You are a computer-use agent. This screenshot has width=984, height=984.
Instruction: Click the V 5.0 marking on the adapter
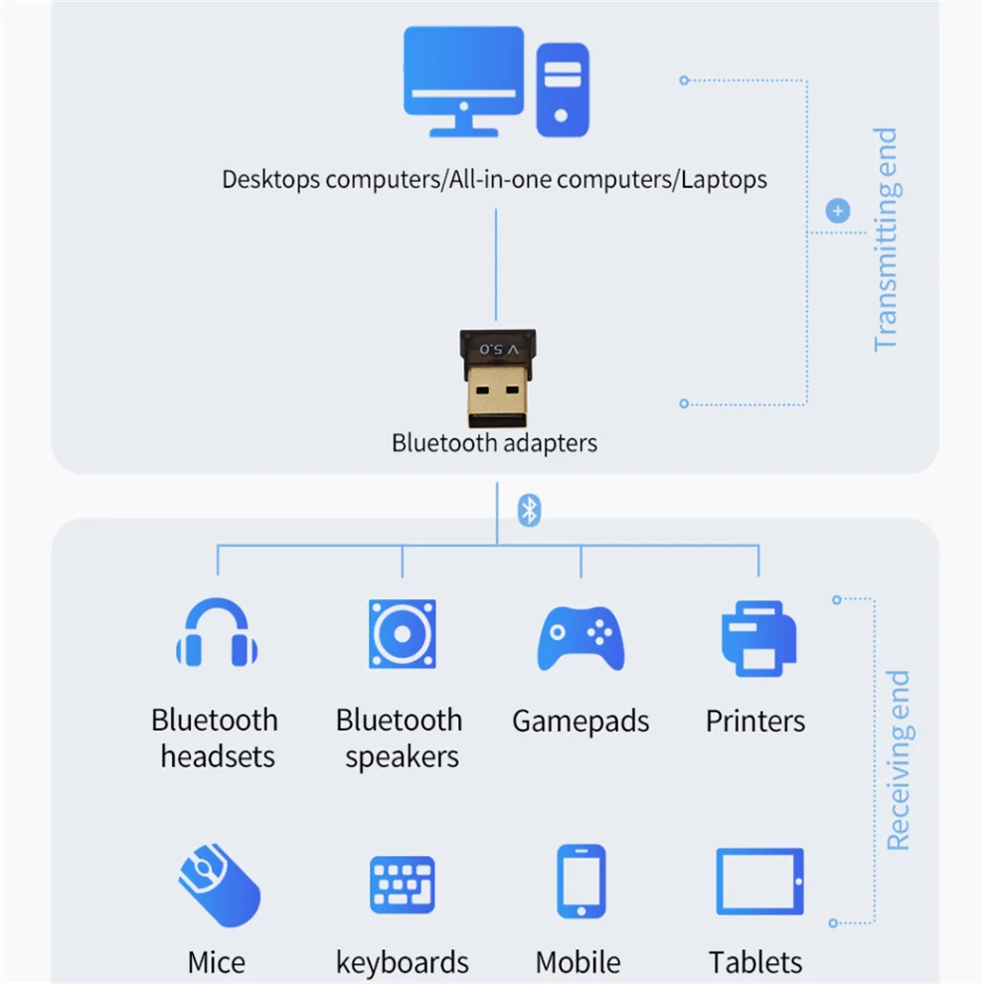pos(499,349)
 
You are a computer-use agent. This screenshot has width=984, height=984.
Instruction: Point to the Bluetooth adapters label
pos(495,442)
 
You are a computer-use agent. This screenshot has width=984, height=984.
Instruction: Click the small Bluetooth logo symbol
pos(530,511)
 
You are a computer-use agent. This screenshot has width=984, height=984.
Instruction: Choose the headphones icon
pos(217,633)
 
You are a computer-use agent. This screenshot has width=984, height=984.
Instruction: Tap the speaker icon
pos(402,633)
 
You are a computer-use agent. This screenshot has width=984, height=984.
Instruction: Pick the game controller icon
pos(581,635)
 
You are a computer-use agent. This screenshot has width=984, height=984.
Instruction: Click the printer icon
pos(758,637)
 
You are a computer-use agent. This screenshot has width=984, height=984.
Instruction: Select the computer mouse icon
pos(219,884)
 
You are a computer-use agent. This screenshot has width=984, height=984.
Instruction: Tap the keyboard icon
pos(403,885)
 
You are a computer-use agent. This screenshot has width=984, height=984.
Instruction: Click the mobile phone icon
pos(580,882)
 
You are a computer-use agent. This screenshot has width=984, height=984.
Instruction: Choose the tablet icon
pos(759,882)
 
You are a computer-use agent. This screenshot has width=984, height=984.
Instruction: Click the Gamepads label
pos(580,722)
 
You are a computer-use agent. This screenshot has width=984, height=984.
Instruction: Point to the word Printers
pos(755,722)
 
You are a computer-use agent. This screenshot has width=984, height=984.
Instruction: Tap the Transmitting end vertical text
pos(885,239)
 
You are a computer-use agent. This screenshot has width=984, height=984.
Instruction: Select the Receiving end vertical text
pos(898,760)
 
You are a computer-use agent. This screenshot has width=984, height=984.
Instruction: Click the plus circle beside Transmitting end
pos(839,211)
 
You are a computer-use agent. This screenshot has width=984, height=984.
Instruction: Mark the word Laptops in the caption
pos(724,180)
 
